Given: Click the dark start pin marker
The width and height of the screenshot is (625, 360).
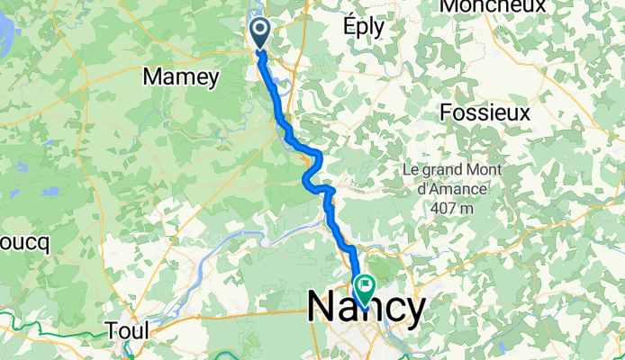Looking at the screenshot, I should pos(259,34).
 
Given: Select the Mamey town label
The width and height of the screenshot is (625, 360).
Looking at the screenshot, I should pos(180,77).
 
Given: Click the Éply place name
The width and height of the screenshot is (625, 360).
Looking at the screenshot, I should pos(363,27).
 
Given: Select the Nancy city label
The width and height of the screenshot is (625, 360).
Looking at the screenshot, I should pos(367,309).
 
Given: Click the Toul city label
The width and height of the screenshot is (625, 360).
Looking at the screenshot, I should pos(126,330).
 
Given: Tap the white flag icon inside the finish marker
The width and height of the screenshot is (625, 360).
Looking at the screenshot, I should pos(366,286).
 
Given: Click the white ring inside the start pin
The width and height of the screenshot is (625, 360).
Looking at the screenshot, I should pos(259,31).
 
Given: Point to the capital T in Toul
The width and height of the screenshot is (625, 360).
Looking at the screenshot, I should pos(112,330).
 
